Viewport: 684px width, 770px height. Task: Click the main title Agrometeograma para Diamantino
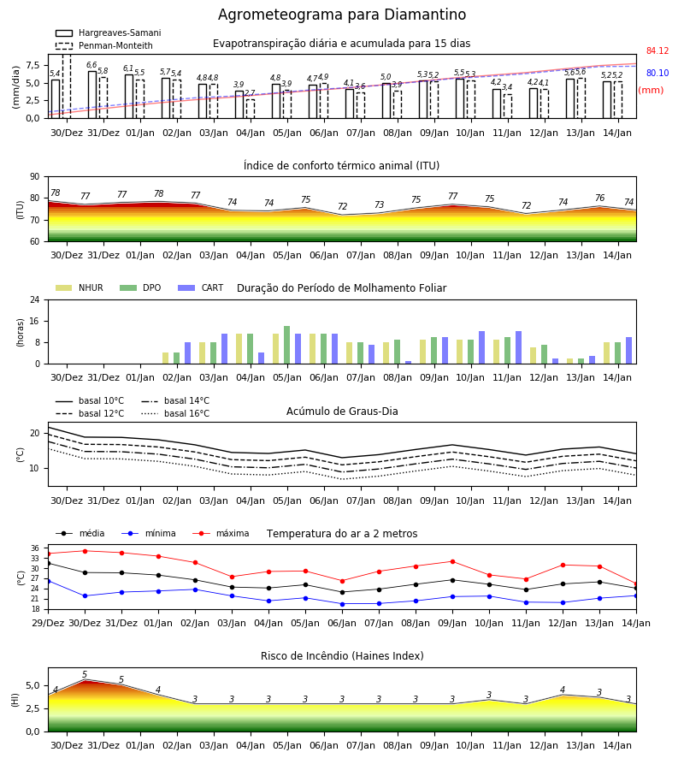pyautogui.click(x=342, y=15)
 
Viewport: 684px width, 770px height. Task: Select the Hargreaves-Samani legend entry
pyautogui.click(x=109, y=33)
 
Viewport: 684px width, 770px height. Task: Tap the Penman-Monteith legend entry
pyautogui.click(x=104, y=45)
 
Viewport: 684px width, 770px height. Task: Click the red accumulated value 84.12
pyautogui.click(x=657, y=51)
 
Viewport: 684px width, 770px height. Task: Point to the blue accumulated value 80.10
pyautogui.click(x=657, y=74)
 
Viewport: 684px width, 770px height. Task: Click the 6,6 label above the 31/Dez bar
pyautogui.click(x=91, y=65)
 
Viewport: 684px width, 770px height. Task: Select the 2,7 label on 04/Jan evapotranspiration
pyautogui.click(x=250, y=93)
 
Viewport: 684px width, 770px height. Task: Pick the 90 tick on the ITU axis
pyautogui.click(x=35, y=177)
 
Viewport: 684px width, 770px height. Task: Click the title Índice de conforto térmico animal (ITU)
pyautogui.click(x=341, y=166)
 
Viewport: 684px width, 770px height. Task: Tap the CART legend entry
pyautogui.click(x=201, y=287)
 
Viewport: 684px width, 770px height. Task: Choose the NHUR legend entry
pyautogui.click(x=80, y=287)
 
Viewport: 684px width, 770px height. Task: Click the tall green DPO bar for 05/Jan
pyautogui.click(x=287, y=345)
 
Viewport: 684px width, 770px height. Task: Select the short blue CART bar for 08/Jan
pyautogui.click(x=408, y=363)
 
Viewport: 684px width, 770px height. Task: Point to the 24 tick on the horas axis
pyautogui.click(x=35, y=299)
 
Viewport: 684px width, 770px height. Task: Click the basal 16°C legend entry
pyautogui.click(x=175, y=413)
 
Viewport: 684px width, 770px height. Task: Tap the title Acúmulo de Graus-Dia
pyautogui.click(x=342, y=412)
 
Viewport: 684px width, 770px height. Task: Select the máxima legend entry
pyautogui.click(x=221, y=533)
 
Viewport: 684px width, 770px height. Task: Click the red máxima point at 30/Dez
pyautogui.click(x=85, y=551)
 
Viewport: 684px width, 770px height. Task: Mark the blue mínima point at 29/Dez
pyautogui.click(x=48, y=582)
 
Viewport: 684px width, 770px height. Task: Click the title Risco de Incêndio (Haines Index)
pyautogui.click(x=342, y=656)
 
